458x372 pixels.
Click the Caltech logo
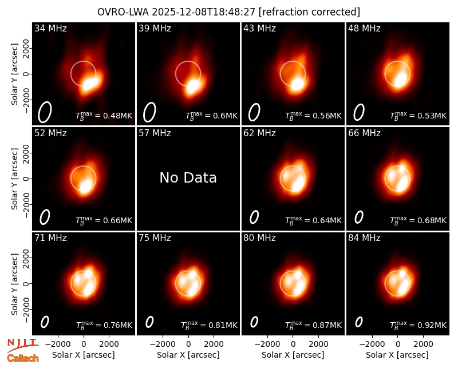pyautogui.click(x=23, y=358)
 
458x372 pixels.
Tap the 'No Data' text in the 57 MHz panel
pyautogui.click(x=188, y=177)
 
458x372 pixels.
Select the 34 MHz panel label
pyautogui.click(x=50, y=28)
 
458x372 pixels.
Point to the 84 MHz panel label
pyautogui.click(x=364, y=238)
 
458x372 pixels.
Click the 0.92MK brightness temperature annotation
pyautogui.click(x=418, y=324)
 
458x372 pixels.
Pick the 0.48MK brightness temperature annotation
pyautogui.click(x=104, y=115)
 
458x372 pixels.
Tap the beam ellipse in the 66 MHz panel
pyautogui.click(x=359, y=217)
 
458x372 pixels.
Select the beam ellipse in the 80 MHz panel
pyautogui.click(x=254, y=322)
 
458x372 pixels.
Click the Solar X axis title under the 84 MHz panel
pyautogui.click(x=397, y=355)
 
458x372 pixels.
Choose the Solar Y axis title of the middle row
pyautogui.click(x=14, y=179)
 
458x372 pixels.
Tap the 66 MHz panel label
pyautogui.click(x=364, y=133)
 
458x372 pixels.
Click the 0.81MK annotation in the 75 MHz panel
pyautogui.click(x=209, y=324)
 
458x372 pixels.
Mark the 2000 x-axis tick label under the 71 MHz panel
pyautogui.click(x=109, y=345)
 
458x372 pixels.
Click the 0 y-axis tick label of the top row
pyautogui.click(x=27, y=74)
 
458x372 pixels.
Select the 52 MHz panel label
pyautogui.click(x=50, y=133)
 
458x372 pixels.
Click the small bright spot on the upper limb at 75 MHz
pyautogui.click(x=192, y=275)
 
